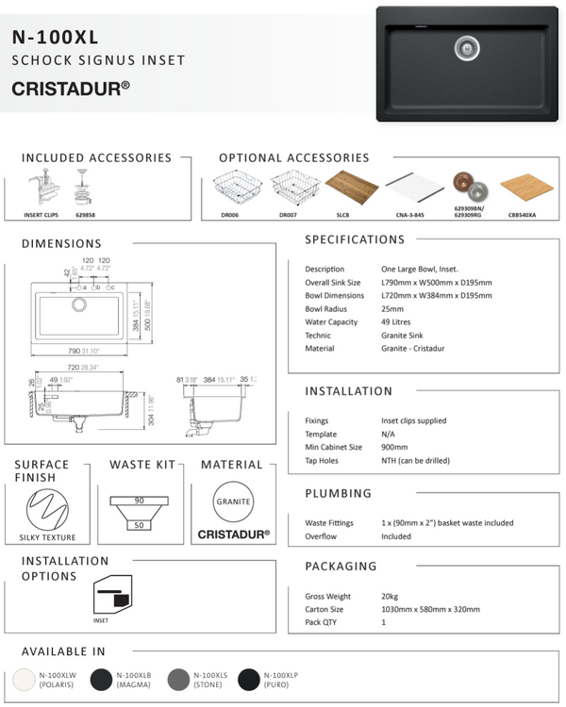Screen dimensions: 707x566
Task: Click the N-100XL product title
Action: [x=56, y=38]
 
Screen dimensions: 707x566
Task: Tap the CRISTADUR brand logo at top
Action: [x=71, y=89]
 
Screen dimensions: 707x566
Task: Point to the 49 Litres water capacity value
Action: [x=403, y=322]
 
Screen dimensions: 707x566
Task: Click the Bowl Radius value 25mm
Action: [x=393, y=309]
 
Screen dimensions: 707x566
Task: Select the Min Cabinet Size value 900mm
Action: [x=394, y=447]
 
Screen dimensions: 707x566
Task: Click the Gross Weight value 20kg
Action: [x=391, y=597]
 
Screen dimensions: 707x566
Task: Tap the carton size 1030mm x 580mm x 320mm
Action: [x=430, y=610]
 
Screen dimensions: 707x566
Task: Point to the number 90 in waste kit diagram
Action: [x=139, y=500]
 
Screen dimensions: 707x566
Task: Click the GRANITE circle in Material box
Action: [x=233, y=501]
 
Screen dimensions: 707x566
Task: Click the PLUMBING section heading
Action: [x=339, y=493]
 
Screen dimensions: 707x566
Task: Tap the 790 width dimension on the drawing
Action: [x=62, y=351]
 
